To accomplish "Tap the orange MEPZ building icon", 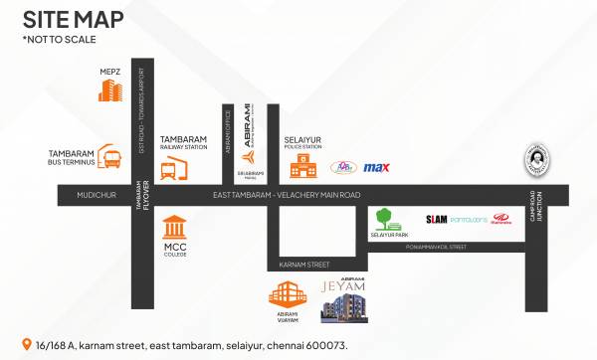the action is pos(108,90).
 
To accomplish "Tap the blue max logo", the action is pos(376,167).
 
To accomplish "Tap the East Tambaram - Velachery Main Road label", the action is pos(286,196).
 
